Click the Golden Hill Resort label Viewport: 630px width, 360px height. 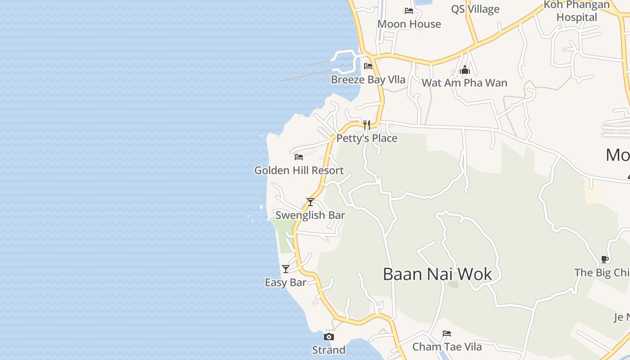point(299,171)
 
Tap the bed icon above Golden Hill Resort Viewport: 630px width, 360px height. point(299,157)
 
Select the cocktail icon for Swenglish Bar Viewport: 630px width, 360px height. point(310,202)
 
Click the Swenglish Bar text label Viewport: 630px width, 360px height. point(310,215)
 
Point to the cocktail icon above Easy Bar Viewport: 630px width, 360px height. point(286,269)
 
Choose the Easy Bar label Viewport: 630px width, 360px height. point(285,283)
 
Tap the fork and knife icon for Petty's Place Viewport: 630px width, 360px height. point(367,125)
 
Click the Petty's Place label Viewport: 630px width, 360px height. point(367,138)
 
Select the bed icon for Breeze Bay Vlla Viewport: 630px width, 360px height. point(368,66)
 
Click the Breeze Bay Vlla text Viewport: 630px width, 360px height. point(368,80)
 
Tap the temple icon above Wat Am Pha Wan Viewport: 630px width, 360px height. point(465,70)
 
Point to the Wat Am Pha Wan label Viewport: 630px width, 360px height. point(464,83)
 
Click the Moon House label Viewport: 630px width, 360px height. point(409,24)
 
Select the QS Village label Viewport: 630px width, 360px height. point(475,9)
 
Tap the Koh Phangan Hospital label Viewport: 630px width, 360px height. point(576,11)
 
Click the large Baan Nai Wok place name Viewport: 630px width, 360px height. point(437,274)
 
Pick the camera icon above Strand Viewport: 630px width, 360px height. point(329,337)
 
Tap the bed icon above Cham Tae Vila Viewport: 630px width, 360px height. point(447,333)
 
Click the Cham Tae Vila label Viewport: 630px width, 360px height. point(447,347)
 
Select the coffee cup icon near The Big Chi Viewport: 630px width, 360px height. point(605,259)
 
